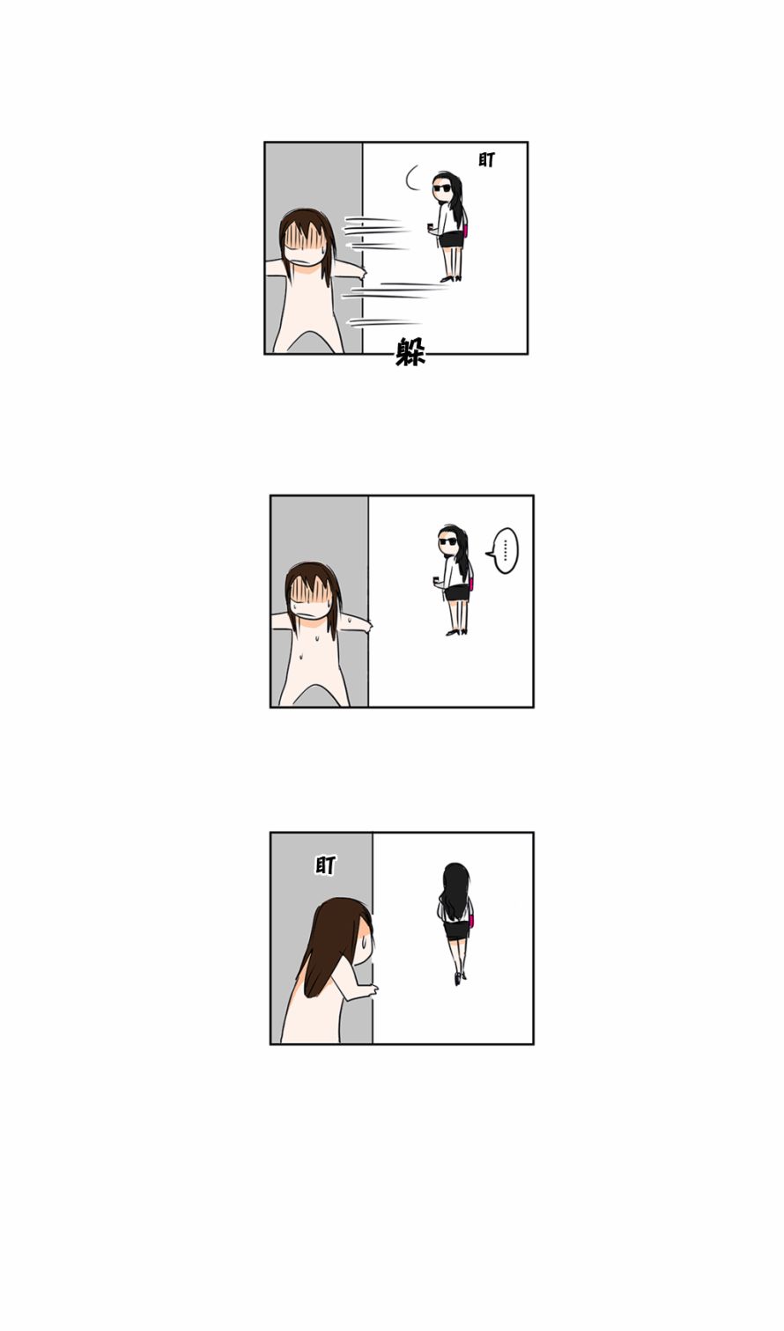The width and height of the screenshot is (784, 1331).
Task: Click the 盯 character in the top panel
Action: [486, 160]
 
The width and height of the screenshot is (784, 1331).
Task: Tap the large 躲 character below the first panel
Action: [410, 351]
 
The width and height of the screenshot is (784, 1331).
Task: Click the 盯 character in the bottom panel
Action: [325, 865]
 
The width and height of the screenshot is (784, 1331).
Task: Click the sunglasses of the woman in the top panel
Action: [442, 188]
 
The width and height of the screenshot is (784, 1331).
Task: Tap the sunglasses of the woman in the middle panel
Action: [447, 541]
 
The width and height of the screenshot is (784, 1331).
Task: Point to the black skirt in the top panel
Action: [451, 239]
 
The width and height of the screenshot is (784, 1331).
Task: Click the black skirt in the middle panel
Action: [457, 592]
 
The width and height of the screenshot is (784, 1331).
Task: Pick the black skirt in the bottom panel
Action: [456, 930]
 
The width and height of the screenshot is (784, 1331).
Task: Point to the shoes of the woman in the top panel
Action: [451, 278]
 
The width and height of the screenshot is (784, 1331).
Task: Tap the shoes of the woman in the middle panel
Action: [456, 632]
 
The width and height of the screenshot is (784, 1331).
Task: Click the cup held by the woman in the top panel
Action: [431, 227]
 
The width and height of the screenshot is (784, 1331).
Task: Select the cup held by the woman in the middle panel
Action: [437, 579]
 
